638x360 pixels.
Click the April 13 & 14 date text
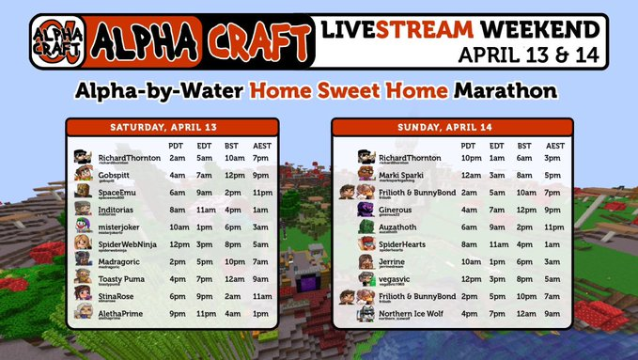point(532,54)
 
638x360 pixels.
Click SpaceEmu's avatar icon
point(83,194)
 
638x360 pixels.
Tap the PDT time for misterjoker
point(176,227)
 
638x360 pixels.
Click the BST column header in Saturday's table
point(231,146)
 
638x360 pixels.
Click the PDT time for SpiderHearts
point(469,243)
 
